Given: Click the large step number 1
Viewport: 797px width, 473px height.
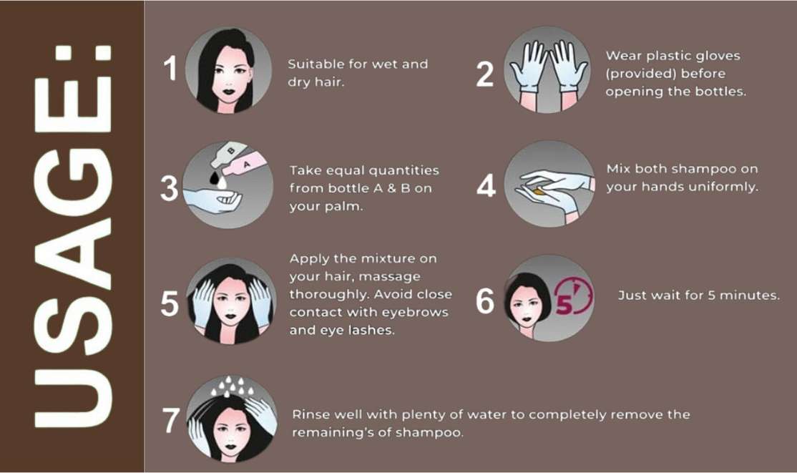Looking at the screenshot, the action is (171, 68).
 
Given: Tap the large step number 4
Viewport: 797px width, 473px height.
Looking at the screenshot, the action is (486, 185).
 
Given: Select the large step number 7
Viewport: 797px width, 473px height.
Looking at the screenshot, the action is (171, 420).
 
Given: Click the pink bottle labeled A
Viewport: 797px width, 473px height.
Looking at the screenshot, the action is (244, 165).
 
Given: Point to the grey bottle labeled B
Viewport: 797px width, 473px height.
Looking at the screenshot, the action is (229, 154).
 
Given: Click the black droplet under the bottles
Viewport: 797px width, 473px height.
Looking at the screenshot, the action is (215, 177).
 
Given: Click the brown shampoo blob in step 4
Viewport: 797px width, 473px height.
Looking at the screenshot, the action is (539, 192).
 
